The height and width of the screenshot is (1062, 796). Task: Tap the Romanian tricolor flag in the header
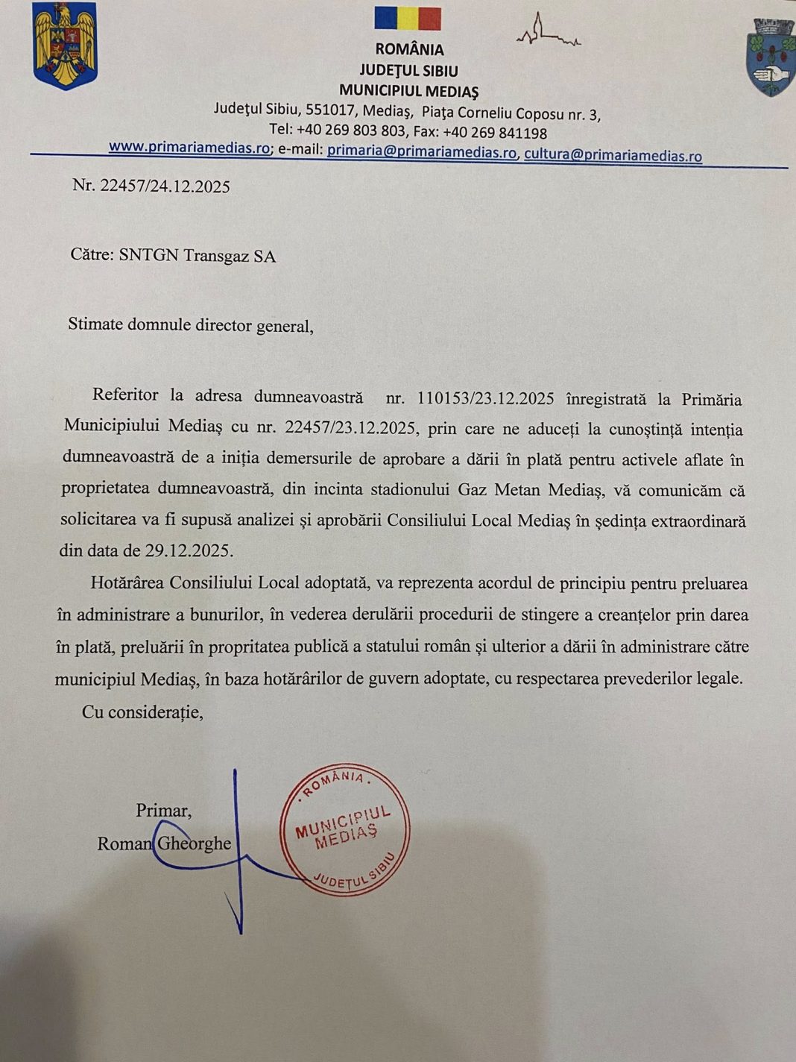click(x=408, y=19)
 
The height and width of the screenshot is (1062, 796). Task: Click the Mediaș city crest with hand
click(x=771, y=58)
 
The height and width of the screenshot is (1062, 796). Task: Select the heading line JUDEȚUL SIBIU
click(x=408, y=71)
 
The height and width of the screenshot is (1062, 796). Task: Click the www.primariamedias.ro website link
click(x=189, y=147)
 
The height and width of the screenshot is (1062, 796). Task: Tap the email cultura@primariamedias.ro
click(x=613, y=155)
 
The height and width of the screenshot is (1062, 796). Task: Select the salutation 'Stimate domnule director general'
click(x=190, y=325)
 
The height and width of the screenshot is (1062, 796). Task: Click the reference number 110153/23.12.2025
click(x=485, y=398)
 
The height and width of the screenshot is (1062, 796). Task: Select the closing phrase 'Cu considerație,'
click(x=142, y=712)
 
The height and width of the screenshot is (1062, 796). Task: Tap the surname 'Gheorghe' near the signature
click(x=194, y=843)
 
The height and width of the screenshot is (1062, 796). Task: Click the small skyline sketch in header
click(x=548, y=34)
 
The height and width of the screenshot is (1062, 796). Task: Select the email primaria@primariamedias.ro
click(x=422, y=152)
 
